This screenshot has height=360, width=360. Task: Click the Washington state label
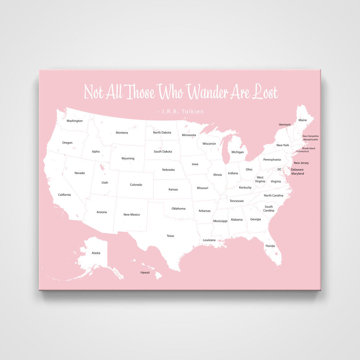pos(75,121)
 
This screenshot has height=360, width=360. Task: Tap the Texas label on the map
pos(170,236)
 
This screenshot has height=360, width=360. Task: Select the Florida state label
pos(270,246)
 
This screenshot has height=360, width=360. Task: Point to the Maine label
pos(303,120)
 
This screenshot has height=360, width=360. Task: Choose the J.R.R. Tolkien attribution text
pos(181,112)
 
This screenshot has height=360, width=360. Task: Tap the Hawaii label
pos(145,273)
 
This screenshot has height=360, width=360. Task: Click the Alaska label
pos(96,253)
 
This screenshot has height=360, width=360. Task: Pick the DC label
pos(279,169)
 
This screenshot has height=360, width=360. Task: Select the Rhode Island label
pos(309,148)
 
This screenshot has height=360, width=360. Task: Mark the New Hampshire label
pos(310,136)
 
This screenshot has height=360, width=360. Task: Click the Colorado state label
pos(136,185)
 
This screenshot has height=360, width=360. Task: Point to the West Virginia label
pos(260,179)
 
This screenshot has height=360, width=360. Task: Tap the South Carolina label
pos(269,208)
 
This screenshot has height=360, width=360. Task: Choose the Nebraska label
pos(168,170)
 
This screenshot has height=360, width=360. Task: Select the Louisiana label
pos(209,240)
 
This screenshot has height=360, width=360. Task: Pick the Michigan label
pos(238,152)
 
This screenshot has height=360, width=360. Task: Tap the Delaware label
pos(297,170)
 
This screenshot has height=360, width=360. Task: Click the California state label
pos(64,195)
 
